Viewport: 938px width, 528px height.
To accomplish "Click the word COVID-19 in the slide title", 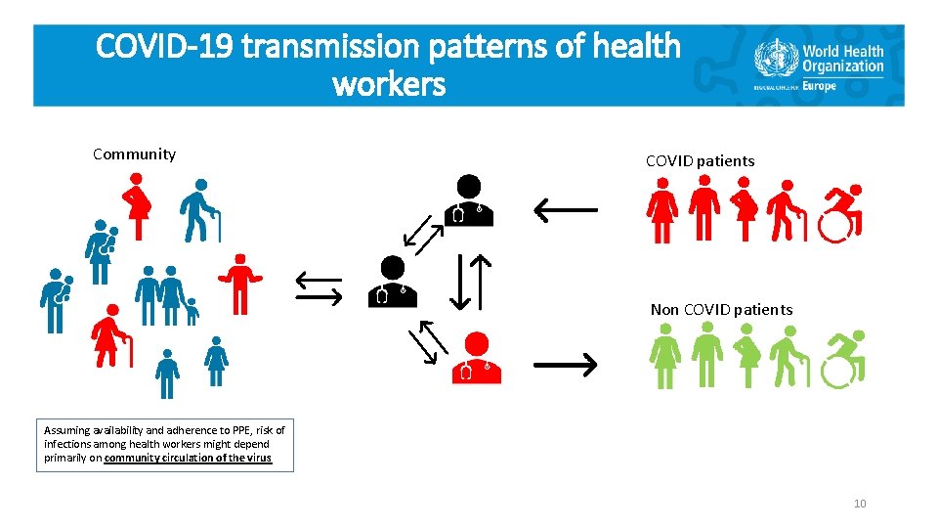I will click(166, 46).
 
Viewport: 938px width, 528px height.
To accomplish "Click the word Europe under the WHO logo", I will click(822, 86).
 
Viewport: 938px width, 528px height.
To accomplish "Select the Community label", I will click(134, 154).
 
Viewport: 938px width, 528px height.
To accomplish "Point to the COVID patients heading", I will click(700, 160).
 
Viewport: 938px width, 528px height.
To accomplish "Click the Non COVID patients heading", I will click(721, 310).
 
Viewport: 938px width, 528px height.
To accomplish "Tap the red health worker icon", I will click(476, 358).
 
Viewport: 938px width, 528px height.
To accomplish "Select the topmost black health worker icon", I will click(468, 200).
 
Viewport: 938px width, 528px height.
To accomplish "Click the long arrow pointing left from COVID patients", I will click(564, 207).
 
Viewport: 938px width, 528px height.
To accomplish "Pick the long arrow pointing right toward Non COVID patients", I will click(565, 365).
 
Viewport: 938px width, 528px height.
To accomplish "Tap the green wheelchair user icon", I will click(842, 360).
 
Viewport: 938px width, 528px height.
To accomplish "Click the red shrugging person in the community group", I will click(239, 285).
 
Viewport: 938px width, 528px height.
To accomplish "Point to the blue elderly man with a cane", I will click(200, 210).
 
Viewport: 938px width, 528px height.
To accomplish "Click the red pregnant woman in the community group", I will click(137, 206).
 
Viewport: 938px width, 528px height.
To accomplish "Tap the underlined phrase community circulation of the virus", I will click(188, 458).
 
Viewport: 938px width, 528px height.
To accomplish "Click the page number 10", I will click(859, 504).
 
